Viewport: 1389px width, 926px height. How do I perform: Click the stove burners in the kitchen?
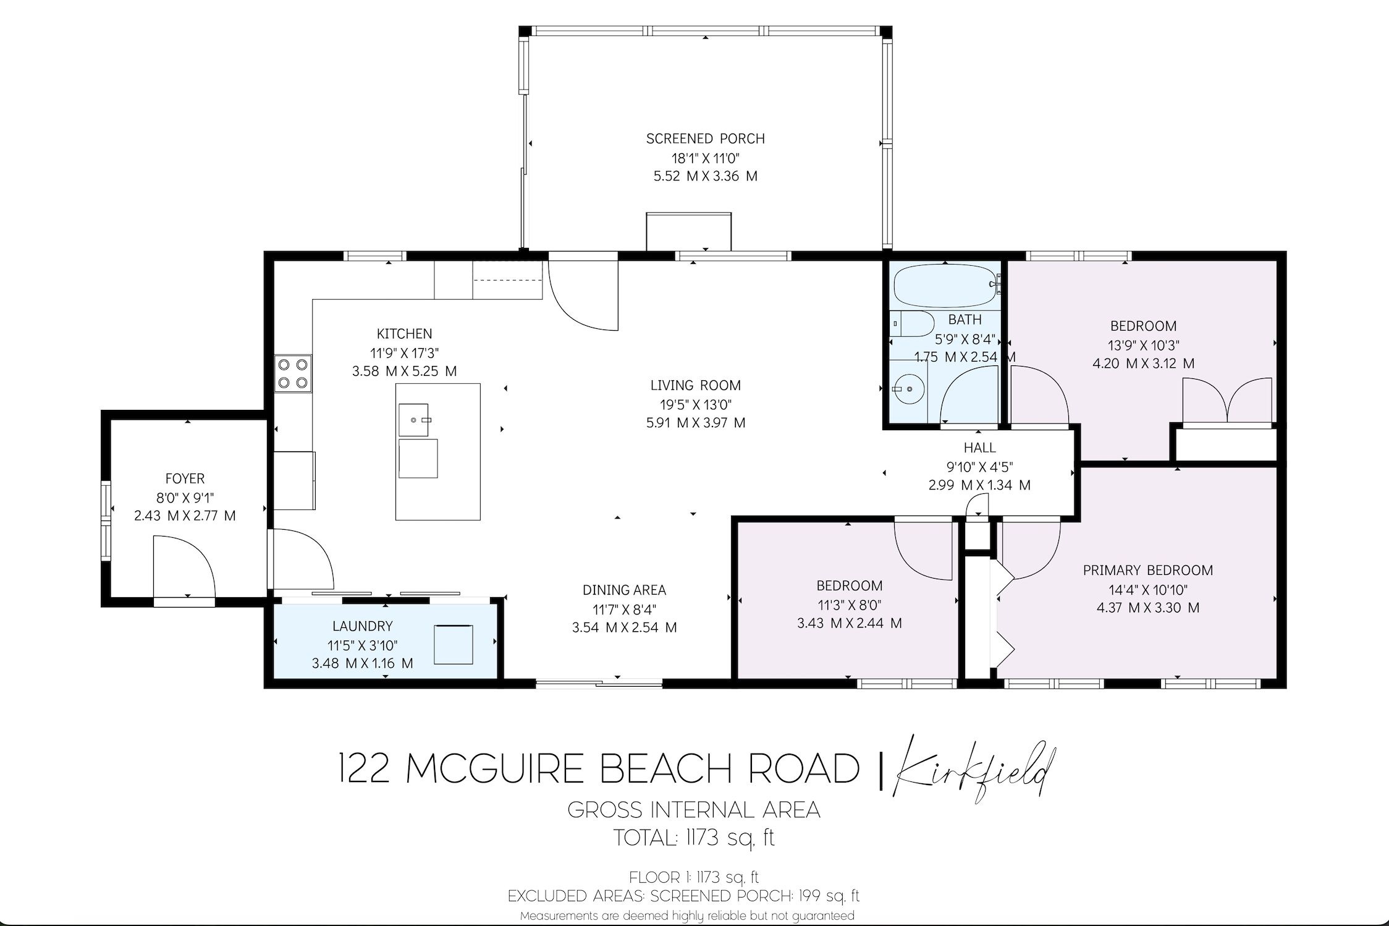pos(293,373)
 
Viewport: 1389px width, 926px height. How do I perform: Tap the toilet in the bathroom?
pos(913,323)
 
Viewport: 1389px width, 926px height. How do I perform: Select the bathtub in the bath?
pos(946,285)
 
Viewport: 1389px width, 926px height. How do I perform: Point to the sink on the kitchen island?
pos(413,420)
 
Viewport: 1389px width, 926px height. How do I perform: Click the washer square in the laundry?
pos(454,645)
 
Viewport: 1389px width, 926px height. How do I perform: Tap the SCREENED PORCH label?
pos(706,139)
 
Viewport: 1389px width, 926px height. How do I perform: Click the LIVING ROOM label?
pos(695,386)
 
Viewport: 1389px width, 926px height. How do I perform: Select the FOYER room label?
pos(185,478)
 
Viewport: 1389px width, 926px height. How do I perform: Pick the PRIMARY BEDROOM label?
pos(1148,571)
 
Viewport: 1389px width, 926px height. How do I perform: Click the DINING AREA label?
pos(624,590)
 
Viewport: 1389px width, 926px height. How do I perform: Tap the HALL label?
pos(979,448)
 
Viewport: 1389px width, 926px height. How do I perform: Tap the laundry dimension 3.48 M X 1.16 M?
pos(362,663)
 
